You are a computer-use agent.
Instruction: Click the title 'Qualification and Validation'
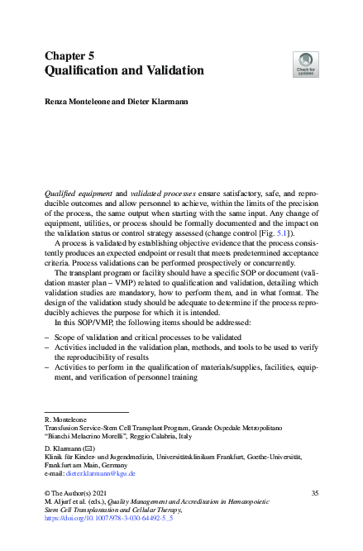123,71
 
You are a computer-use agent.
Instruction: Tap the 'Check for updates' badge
305,63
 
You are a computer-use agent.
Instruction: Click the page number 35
314,493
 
